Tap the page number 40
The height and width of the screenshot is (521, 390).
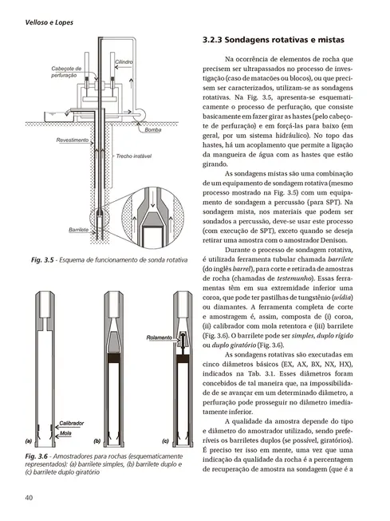point(29,499)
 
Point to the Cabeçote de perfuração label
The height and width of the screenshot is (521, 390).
point(66,72)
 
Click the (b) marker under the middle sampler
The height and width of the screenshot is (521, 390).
point(97,440)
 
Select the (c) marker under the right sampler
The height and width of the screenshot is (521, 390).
point(164,440)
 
